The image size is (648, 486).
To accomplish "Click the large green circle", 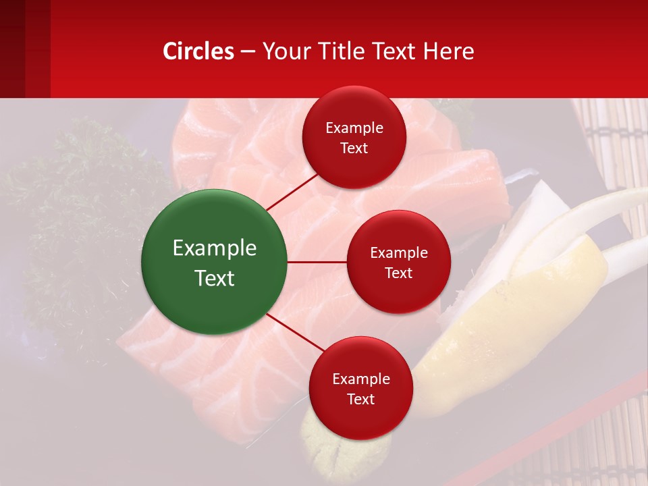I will coord(214,262).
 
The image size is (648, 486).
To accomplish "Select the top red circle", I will coord(354,138).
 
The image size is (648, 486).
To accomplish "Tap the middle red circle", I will coord(398,262).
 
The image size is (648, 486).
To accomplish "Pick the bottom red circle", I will coord(360,388).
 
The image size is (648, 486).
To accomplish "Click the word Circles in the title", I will coord(198,51).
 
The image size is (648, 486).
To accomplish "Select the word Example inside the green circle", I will coord(214,248).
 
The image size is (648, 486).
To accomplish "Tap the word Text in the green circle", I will coord(214,278).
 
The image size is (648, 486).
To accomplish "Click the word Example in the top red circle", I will coord(354,128).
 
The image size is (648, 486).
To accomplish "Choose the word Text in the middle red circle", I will coord(398,273).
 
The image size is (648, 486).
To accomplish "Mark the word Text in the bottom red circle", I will coord(360,399).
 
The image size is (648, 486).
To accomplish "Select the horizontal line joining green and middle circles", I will coord(317,262).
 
